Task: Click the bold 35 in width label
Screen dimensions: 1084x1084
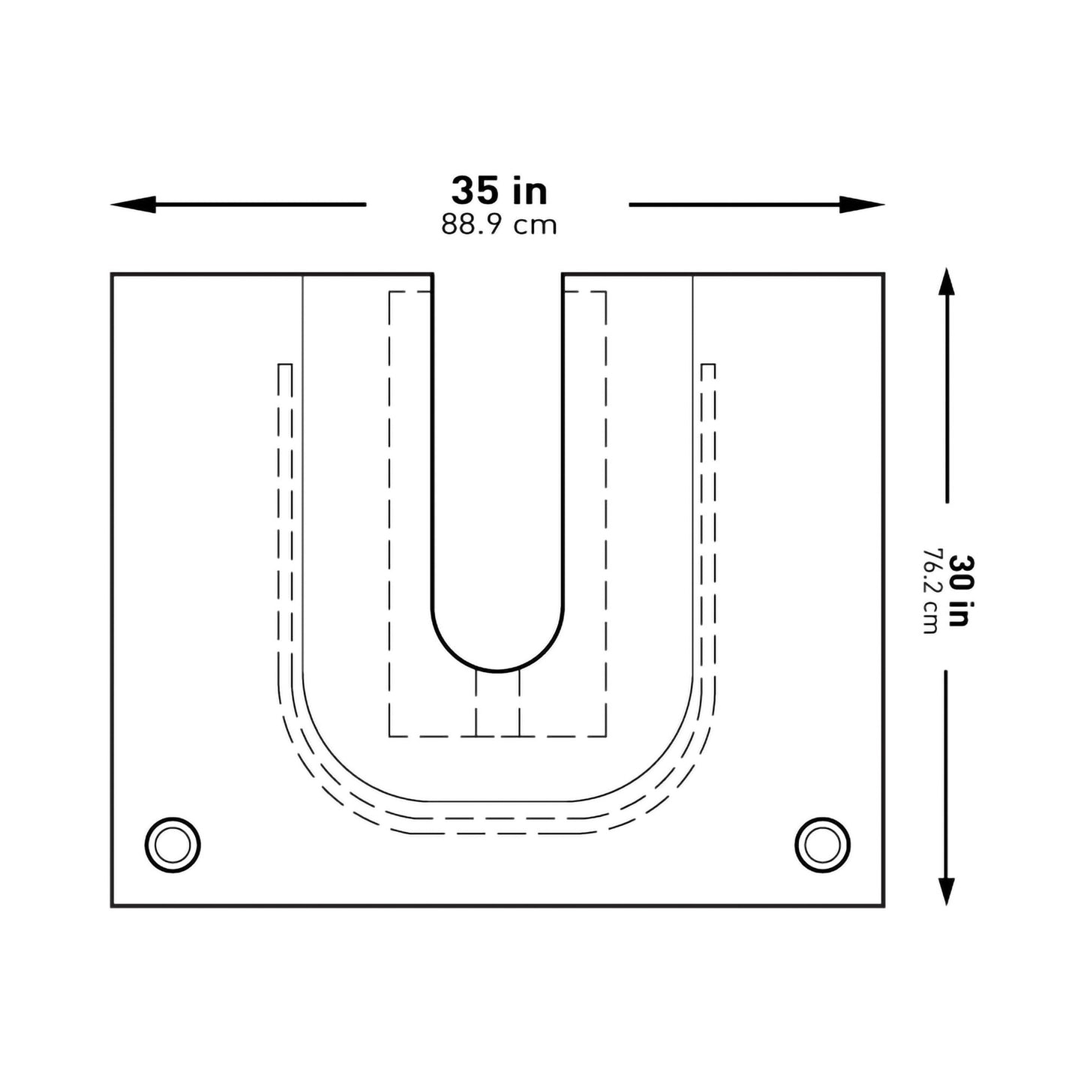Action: (x=499, y=191)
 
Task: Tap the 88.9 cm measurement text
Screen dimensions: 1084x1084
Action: (x=499, y=225)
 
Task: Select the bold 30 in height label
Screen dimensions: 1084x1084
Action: (x=959, y=590)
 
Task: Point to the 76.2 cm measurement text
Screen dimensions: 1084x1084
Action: (x=931, y=590)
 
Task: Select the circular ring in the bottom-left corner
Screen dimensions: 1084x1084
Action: (x=173, y=845)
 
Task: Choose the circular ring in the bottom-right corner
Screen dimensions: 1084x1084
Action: (x=822, y=845)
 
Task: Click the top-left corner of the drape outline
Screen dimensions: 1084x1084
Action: (x=113, y=275)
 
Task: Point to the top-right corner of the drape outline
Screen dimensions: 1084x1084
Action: (x=883, y=275)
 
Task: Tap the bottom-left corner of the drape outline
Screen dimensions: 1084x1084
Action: (x=113, y=906)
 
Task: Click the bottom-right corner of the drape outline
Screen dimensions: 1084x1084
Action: (x=883, y=906)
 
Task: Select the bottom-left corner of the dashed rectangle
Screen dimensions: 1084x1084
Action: (x=389, y=736)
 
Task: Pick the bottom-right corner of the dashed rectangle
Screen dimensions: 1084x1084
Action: (x=605, y=736)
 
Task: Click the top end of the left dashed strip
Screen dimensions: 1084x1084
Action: (x=285, y=365)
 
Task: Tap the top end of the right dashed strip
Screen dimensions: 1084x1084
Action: (x=707, y=365)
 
